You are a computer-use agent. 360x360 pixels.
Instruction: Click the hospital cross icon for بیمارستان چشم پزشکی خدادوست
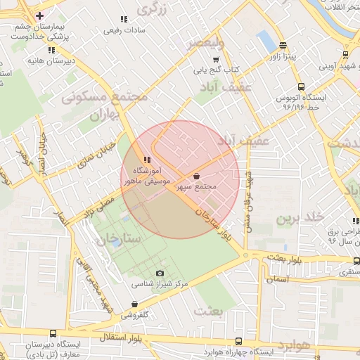pos(39,15)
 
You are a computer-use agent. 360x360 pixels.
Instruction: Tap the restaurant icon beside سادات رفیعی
pos(124,19)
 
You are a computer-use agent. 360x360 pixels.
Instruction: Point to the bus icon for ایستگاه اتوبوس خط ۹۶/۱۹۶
pos(324,82)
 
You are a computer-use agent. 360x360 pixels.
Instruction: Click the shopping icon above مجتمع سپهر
pos(196,176)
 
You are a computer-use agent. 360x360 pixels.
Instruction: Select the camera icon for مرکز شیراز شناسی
pos(160,273)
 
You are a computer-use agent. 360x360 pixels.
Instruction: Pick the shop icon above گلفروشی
pos(134,304)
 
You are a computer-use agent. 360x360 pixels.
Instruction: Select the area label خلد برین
pos(292,219)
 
